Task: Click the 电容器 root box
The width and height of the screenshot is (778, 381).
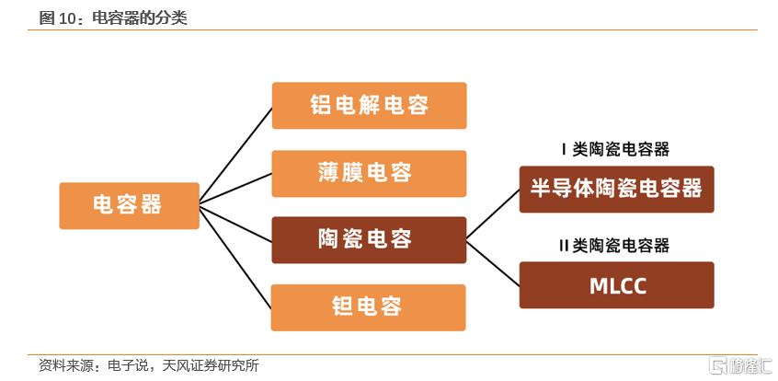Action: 129,205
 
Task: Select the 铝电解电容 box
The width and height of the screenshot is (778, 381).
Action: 369,106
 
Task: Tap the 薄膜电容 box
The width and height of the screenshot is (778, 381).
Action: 369,173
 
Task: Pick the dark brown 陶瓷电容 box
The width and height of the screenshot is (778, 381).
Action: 369,240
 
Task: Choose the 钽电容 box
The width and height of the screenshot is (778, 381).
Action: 369,307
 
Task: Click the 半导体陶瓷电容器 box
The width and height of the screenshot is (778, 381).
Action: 616,190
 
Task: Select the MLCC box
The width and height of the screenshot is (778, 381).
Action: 616,285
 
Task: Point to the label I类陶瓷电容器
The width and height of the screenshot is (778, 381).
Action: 615,149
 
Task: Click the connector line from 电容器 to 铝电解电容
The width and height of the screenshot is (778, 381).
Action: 236,154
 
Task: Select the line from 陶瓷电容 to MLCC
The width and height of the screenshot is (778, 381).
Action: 493,263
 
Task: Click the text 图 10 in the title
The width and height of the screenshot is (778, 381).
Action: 57,17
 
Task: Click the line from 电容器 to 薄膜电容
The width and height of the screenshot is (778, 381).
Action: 236,188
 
